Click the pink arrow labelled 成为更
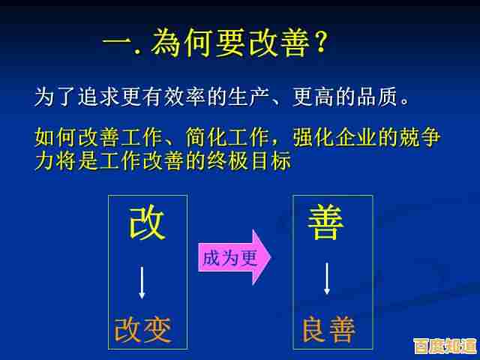tap(233, 258)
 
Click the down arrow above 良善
tap(328, 278)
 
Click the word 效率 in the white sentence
tap(175, 97)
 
